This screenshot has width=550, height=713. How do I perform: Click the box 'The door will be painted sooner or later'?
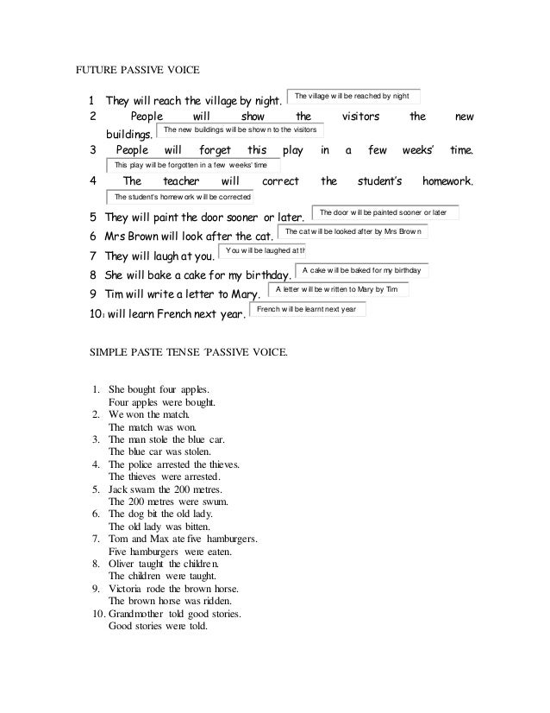tap(383, 211)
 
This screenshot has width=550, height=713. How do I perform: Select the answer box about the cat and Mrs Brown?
tap(353, 232)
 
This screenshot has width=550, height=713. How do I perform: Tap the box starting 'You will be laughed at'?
tap(263, 250)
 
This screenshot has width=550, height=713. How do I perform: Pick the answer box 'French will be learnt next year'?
tap(306, 309)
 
